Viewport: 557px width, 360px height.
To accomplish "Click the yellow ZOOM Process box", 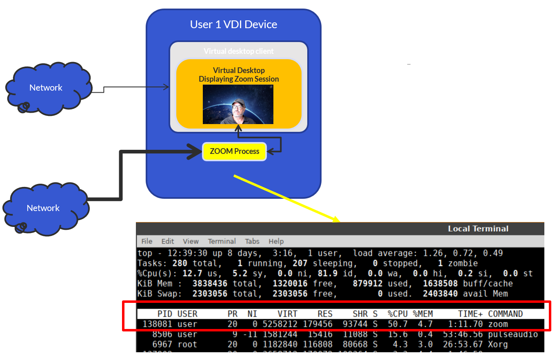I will (x=234, y=151).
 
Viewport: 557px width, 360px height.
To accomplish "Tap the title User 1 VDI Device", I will (x=233, y=24).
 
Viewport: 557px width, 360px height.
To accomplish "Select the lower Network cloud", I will (x=43, y=208).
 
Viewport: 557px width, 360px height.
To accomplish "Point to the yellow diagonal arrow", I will (x=286, y=198).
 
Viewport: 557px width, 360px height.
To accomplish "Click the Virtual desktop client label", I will (x=239, y=51).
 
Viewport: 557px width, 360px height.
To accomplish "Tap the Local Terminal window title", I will (x=478, y=229).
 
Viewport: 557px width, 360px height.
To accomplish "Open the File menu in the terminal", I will (x=147, y=241).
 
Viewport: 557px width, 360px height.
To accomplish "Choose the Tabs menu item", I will (x=252, y=241).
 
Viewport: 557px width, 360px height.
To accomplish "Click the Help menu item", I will (x=276, y=241).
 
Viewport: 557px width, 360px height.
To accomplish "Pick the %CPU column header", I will (x=397, y=314).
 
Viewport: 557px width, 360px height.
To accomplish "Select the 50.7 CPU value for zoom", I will (x=397, y=324).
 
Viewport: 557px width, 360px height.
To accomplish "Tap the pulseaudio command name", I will (x=513, y=334).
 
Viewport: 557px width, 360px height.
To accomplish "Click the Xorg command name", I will (x=498, y=344).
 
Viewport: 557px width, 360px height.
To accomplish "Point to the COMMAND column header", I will (x=505, y=314).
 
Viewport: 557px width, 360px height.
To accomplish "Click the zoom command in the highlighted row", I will (x=498, y=324).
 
